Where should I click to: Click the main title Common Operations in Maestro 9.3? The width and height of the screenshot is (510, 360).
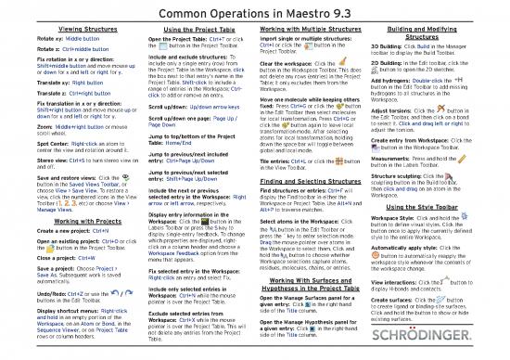coord(254,11)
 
